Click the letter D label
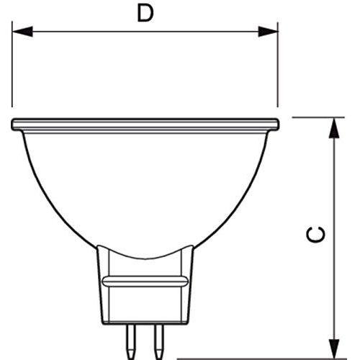click(146, 14)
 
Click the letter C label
click(319, 235)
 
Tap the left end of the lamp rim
click(14, 125)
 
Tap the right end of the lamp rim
click(276, 125)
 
